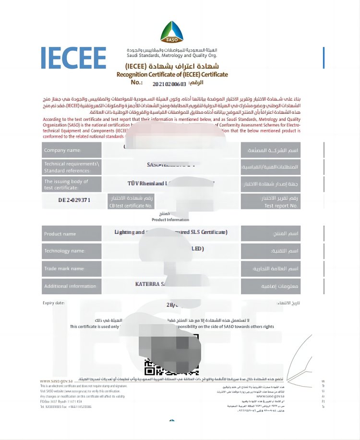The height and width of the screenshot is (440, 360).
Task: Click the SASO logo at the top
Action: point(171,32)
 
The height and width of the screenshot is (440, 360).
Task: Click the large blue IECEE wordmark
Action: point(73,58)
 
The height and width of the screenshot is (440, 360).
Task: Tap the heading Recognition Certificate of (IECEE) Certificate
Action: point(172,74)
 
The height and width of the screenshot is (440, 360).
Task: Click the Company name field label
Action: point(62,150)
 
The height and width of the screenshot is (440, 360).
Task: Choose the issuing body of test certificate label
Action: point(66,184)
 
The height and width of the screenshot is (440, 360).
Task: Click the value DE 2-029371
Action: point(74,200)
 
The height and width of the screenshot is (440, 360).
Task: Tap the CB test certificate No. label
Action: point(131,206)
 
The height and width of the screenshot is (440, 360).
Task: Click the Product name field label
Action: point(60,234)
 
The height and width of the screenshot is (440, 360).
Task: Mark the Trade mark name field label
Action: point(64,269)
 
